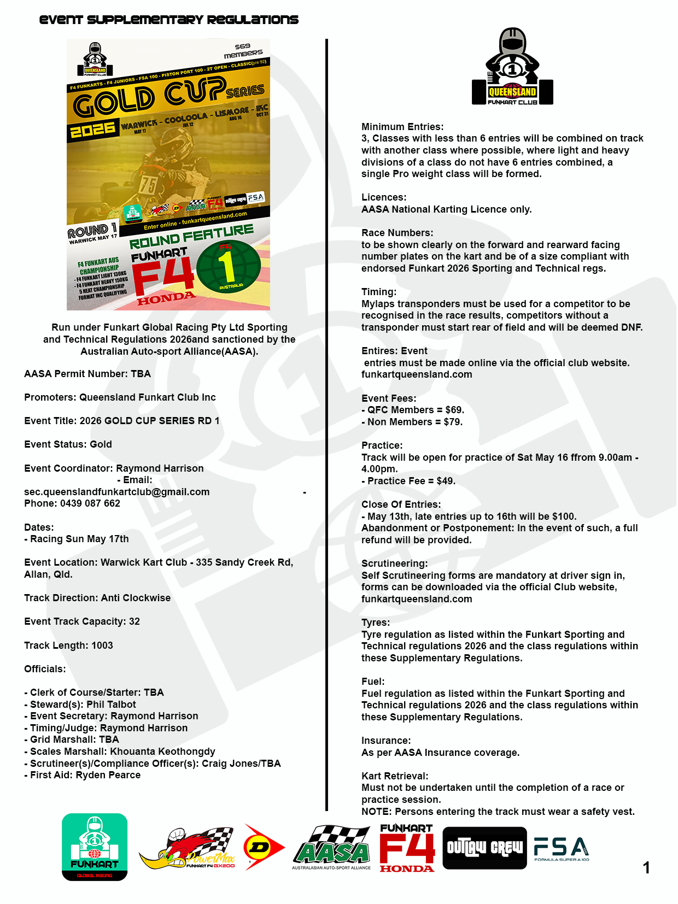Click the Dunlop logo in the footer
click(x=263, y=847)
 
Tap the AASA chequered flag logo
click(x=331, y=847)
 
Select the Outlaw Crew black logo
click(x=484, y=848)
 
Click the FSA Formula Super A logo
click(x=562, y=848)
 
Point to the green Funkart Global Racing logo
click(x=95, y=847)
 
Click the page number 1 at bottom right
click(x=646, y=867)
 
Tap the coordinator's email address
click(x=117, y=492)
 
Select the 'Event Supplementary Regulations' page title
click(x=169, y=20)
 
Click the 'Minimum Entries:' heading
click(x=402, y=127)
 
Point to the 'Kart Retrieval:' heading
click(x=395, y=776)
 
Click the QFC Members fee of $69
click(x=454, y=410)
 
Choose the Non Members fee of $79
click(x=453, y=422)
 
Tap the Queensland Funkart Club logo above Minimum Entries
click(x=512, y=67)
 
